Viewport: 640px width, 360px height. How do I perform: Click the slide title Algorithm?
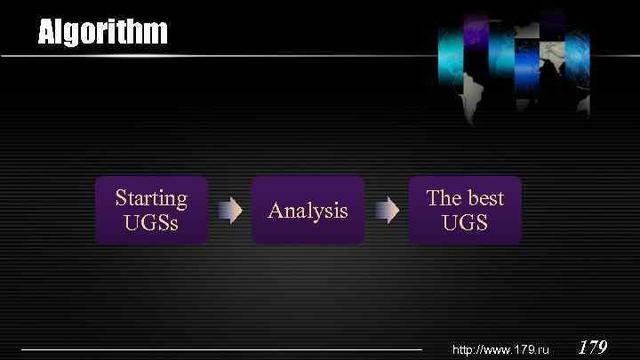click(102, 33)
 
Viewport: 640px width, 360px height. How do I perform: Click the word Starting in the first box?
click(151, 197)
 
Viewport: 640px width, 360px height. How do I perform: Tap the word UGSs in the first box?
click(151, 222)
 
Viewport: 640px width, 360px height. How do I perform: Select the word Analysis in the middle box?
click(308, 211)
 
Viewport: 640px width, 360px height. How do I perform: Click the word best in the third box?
click(484, 197)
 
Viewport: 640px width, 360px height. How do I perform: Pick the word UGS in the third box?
click(465, 222)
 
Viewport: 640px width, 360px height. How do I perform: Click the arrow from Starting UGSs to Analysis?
click(230, 211)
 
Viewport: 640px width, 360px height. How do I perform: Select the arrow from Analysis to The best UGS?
click(387, 211)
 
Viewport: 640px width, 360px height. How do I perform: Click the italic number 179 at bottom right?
click(593, 347)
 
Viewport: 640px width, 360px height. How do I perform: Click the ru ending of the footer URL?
click(543, 350)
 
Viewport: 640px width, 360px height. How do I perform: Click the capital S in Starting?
click(122, 197)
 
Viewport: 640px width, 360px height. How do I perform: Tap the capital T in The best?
click(433, 197)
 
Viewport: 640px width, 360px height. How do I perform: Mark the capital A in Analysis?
click(276, 211)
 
